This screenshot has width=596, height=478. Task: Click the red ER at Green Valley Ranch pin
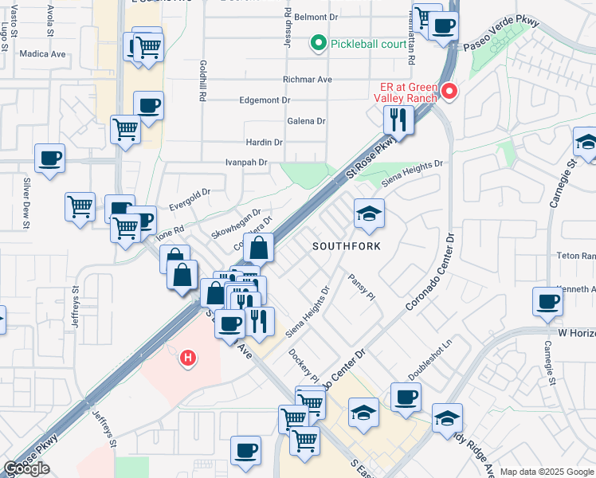click(449, 91)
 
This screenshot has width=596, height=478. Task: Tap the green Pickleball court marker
click(319, 43)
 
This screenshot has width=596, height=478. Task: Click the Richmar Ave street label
click(307, 80)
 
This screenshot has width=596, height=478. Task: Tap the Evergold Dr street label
click(190, 198)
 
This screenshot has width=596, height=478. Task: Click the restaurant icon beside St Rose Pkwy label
click(398, 119)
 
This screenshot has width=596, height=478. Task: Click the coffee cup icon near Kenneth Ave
click(547, 300)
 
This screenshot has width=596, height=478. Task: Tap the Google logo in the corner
click(26, 468)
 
